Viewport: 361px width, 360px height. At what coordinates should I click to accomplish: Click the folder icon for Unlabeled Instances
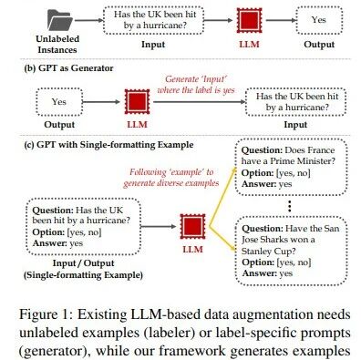pos(60,20)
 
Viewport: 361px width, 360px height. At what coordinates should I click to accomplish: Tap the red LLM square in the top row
pos(249,20)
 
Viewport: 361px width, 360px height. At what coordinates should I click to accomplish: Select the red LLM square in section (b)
pos(137,101)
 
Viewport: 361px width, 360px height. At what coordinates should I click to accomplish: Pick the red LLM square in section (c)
pos(192,226)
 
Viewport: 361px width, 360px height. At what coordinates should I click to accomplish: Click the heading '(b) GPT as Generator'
pos(68,68)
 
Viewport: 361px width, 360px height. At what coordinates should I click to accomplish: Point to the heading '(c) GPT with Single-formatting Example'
pos(108,145)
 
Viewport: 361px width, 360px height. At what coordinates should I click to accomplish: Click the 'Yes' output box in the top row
pos(319,20)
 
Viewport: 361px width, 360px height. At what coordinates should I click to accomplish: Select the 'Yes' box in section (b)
pos(59,102)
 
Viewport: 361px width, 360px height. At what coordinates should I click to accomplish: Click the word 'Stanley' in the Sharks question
pos(255,251)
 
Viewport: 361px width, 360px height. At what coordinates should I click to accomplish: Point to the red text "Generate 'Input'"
pos(196,79)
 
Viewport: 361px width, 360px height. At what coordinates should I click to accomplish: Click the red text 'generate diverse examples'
pos(171,183)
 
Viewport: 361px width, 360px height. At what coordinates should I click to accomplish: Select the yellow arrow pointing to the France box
pos(222,197)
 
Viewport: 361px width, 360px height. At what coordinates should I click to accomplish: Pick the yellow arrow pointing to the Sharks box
pos(222,239)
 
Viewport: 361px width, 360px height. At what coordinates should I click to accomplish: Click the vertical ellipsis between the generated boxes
pos(290,206)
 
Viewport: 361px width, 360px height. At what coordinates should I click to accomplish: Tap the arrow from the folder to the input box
pos(89,20)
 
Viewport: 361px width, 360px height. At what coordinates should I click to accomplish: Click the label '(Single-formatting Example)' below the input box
pos(83,275)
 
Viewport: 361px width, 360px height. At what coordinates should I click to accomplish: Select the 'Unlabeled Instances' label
pos(57,45)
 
